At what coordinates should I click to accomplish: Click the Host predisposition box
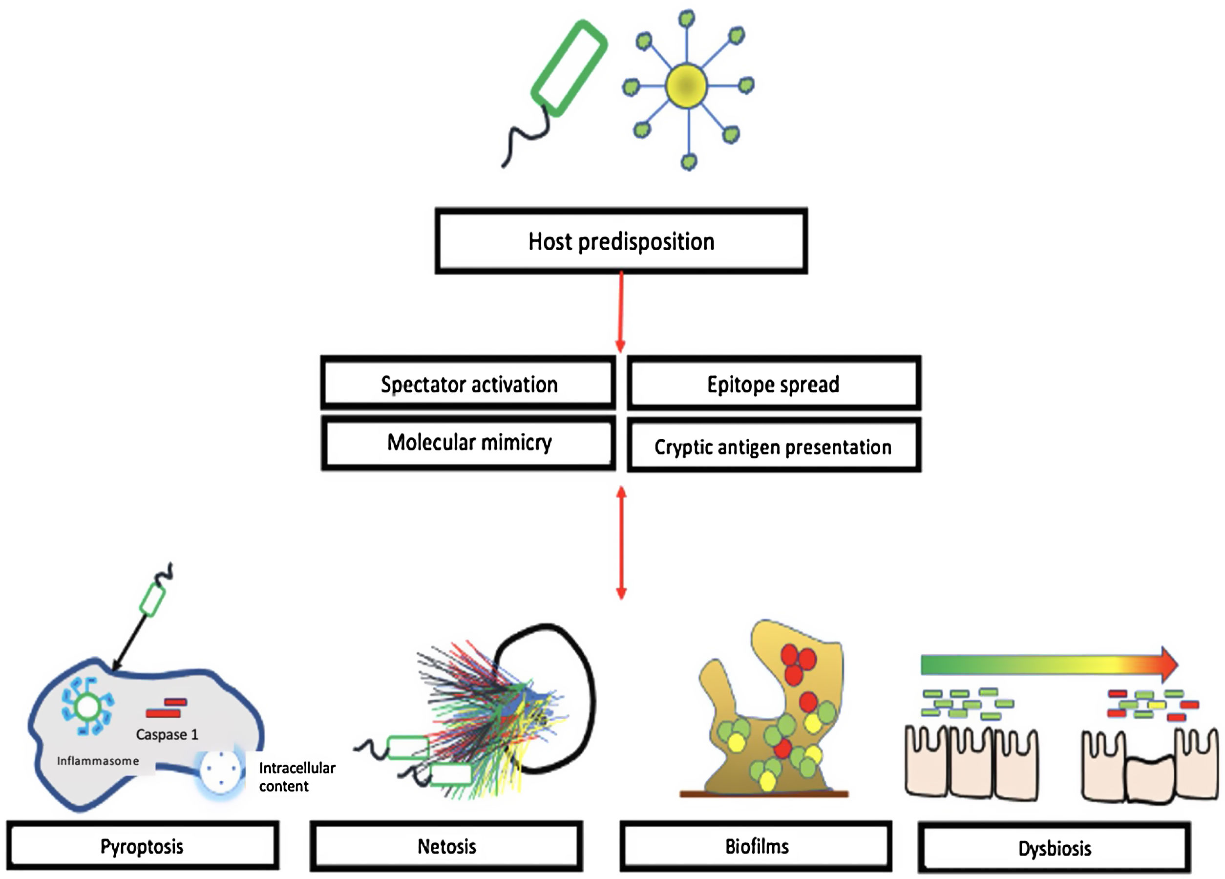[621, 241]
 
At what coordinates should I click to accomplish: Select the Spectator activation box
[468, 384]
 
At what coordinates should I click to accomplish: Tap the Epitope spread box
[774, 384]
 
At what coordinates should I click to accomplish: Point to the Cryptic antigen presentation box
[774, 447]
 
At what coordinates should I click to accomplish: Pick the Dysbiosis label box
[1055, 848]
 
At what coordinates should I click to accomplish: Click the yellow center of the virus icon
[686, 86]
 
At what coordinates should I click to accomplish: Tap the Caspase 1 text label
[167, 734]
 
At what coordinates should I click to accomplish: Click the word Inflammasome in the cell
[98, 761]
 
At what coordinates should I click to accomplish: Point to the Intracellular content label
[296, 776]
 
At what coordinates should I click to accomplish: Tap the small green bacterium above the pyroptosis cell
[152, 600]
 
